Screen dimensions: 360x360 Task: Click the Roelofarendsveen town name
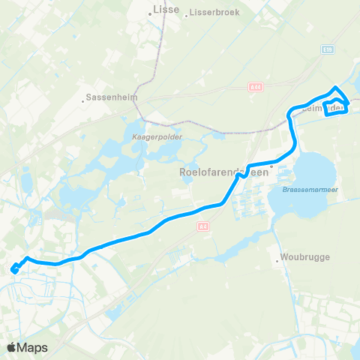click(x=223, y=172)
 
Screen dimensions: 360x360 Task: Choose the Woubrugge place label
click(x=301, y=261)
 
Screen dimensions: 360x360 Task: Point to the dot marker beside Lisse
click(x=149, y=12)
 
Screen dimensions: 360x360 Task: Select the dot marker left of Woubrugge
click(x=278, y=261)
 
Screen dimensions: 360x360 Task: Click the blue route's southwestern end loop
click(x=14, y=269)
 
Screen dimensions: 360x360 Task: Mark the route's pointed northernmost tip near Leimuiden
click(x=334, y=88)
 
